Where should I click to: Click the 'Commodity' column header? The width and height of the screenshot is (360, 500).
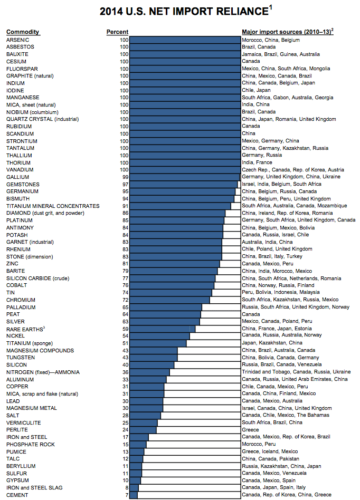[23, 32]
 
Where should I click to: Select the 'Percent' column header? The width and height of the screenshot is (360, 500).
[117, 32]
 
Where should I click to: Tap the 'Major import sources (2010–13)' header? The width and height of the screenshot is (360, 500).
[287, 32]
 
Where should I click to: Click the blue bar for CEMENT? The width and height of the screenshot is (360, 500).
[134, 495]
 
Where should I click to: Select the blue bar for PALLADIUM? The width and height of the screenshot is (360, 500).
[166, 307]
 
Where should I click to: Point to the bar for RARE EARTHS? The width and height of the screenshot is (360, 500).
[163, 329]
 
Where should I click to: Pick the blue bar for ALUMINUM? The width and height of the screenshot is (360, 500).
[148, 379]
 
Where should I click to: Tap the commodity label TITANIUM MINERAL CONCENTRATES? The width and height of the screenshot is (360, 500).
[53, 206]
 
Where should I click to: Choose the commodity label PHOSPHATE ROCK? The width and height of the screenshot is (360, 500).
[30, 444]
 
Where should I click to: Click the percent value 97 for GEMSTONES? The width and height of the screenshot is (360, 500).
[125, 184]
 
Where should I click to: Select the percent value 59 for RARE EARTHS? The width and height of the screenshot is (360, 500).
[125, 329]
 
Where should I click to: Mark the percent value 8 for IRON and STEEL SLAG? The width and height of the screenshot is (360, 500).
[127, 488]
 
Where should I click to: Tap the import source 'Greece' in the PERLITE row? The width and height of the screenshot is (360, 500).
[250, 430]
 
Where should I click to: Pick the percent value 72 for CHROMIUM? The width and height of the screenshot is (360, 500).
[125, 300]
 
